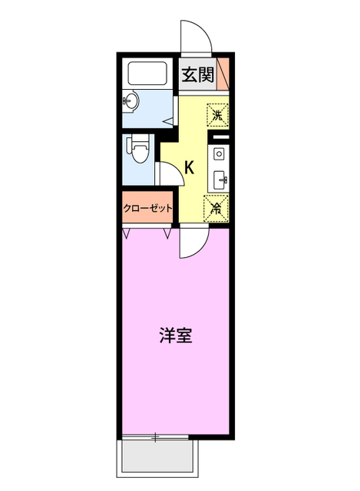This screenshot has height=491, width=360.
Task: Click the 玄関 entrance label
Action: coord(198,74)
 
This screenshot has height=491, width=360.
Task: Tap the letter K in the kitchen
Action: coord(189,167)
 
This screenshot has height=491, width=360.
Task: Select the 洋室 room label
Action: coord(176,335)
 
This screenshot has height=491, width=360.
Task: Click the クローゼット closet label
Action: coord(147,208)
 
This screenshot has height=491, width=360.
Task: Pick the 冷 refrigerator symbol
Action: coord(216,207)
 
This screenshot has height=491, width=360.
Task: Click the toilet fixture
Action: coord(139,149)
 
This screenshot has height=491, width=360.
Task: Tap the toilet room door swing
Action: coord(172,174)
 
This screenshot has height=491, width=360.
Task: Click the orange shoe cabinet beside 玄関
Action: coord(223,73)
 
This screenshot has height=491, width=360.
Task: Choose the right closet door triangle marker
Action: coord(167,231)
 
